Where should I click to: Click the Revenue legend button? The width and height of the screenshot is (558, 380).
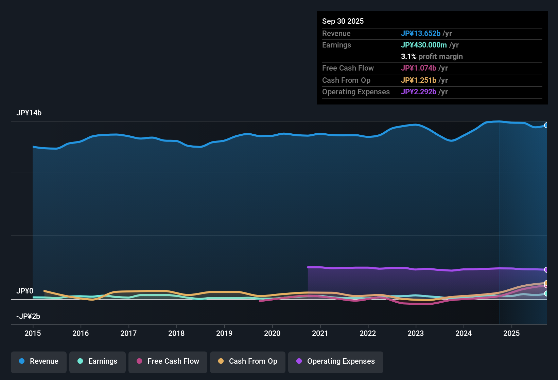tap(39, 361)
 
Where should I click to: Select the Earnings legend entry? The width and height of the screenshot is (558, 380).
tap(98, 361)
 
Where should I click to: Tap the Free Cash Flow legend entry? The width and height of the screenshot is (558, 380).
tap(168, 361)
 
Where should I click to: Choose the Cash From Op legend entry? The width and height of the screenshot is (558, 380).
tap(248, 361)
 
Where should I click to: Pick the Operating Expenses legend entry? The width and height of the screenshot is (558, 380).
tap(336, 361)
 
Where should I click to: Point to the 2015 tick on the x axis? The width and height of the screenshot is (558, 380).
tap(33, 333)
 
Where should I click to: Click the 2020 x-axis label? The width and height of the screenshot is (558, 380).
tap(272, 333)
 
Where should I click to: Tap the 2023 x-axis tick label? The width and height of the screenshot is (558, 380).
tap(416, 333)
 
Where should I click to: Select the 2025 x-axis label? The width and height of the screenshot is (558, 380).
tap(511, 333)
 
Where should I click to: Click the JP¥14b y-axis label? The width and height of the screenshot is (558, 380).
tap(29, 113)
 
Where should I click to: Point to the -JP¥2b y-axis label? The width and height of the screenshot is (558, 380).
tap(28, 317)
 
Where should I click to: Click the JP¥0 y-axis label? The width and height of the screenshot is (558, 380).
tap(25, 291)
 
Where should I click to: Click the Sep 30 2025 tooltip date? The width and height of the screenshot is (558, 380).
tap(343, 21)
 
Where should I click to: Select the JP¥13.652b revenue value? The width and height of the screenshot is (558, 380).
tap(420, 33)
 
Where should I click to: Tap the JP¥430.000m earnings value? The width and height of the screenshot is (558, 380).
tap(424, 45)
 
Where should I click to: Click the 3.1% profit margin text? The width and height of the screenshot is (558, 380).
tap(432, 57)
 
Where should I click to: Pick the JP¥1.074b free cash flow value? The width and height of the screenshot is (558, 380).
tap(418, 68)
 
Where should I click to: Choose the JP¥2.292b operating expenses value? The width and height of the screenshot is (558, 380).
tap(418, 92)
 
